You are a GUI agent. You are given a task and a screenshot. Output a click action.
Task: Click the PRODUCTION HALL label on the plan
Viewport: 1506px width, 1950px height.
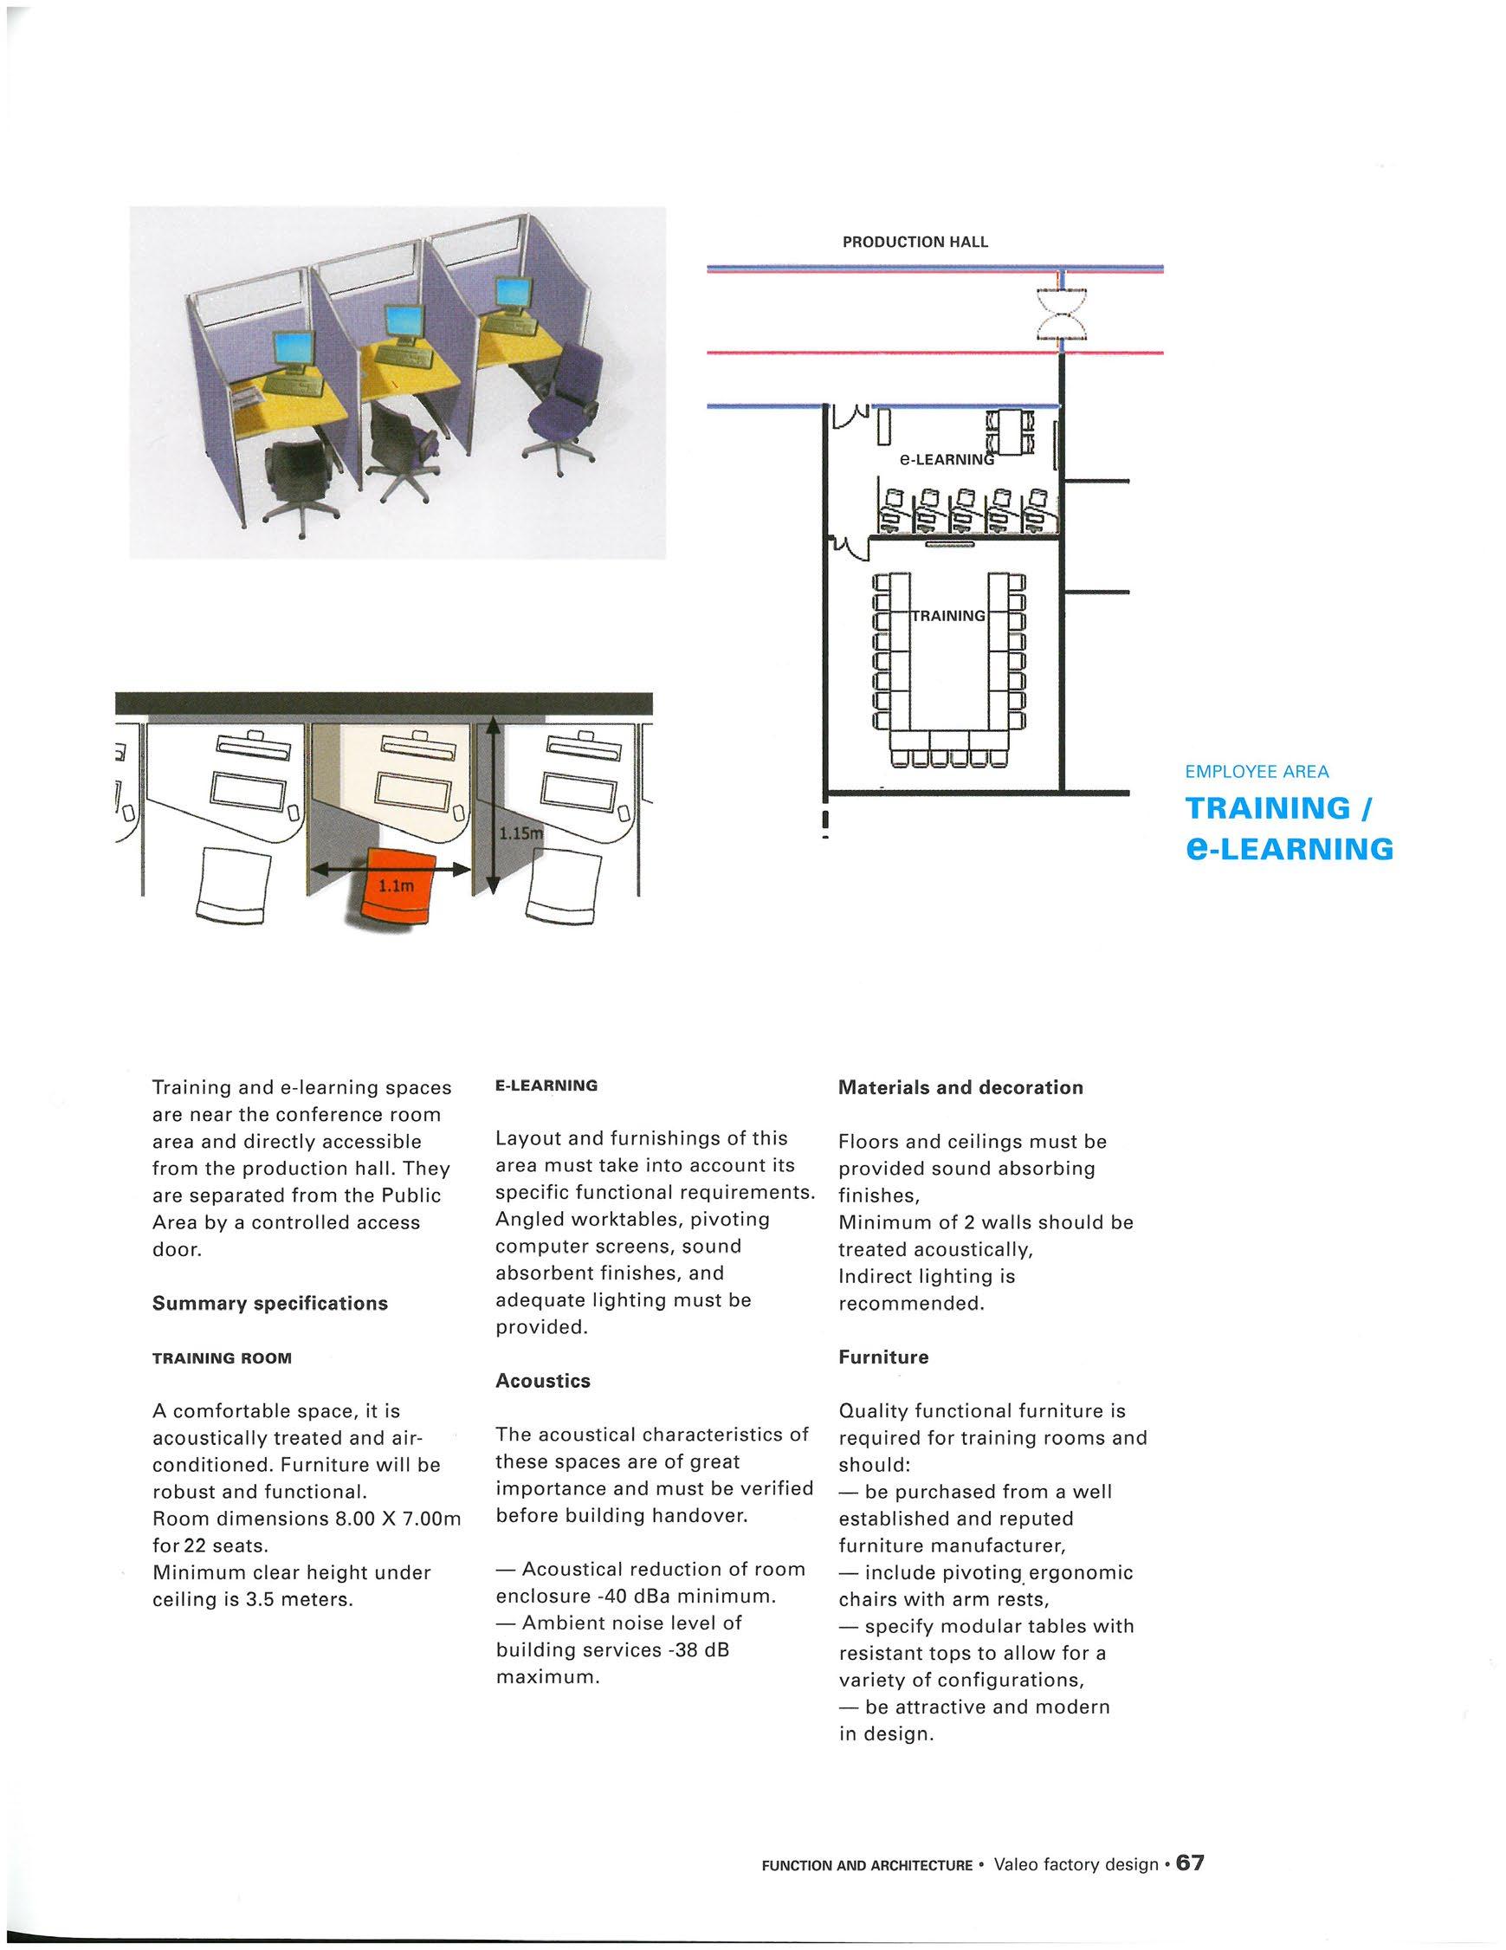pos(915,242)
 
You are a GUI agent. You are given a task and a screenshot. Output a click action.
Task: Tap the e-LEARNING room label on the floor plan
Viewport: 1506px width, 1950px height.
pos(946,460)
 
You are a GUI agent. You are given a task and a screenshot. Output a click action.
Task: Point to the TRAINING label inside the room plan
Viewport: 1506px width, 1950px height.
pos(948,616)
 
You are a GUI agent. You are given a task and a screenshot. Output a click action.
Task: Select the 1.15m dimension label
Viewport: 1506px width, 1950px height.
pos(520,834)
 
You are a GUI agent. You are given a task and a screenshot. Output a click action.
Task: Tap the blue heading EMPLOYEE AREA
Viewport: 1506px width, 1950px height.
pos(1257,772)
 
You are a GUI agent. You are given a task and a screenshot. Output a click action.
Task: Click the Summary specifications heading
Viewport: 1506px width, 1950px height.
pos(269,1303)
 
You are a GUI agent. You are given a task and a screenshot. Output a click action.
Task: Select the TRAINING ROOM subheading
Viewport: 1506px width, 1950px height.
pos(222,1358)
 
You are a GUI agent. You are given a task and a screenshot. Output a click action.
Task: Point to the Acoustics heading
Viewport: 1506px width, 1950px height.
pos(543,1380)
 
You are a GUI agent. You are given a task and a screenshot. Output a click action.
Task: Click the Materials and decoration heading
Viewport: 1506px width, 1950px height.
pos(960,1087)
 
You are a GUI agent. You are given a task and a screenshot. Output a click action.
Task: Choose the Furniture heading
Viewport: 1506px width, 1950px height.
pos(882,1357)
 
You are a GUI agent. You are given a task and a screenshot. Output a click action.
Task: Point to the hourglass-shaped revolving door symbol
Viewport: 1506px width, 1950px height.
pos(1062,314)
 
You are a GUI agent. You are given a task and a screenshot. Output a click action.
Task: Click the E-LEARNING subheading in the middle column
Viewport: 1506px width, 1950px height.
pos(546,1085)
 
